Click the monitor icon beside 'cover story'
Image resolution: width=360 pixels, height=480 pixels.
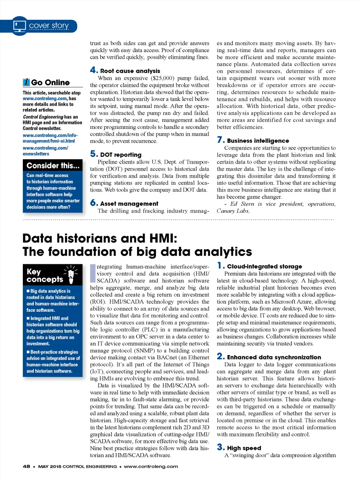coord(20,26)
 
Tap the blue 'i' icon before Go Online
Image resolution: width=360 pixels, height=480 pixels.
coord(26,82)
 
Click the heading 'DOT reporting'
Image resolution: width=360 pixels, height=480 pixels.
coord(121,155)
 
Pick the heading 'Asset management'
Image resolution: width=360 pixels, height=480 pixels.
coord(129,204)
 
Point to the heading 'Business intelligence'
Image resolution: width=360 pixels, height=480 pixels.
coord(258,141)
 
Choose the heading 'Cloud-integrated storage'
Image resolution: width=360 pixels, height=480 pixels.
coord(264,266)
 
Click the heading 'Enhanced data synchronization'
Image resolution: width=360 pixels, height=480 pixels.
coord(274,357)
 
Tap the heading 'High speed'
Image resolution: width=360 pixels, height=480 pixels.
coord(244,448)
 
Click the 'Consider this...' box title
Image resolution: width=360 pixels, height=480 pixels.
coord(53,166)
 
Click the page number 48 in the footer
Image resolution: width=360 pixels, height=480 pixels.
coord(26,467)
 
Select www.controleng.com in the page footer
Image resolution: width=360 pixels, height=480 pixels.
coord(151,467)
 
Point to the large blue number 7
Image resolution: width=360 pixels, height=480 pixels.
coord(220,140)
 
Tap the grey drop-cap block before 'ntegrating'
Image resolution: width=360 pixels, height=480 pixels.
coord(93,273)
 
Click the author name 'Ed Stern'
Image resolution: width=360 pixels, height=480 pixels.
coord(242,204)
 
